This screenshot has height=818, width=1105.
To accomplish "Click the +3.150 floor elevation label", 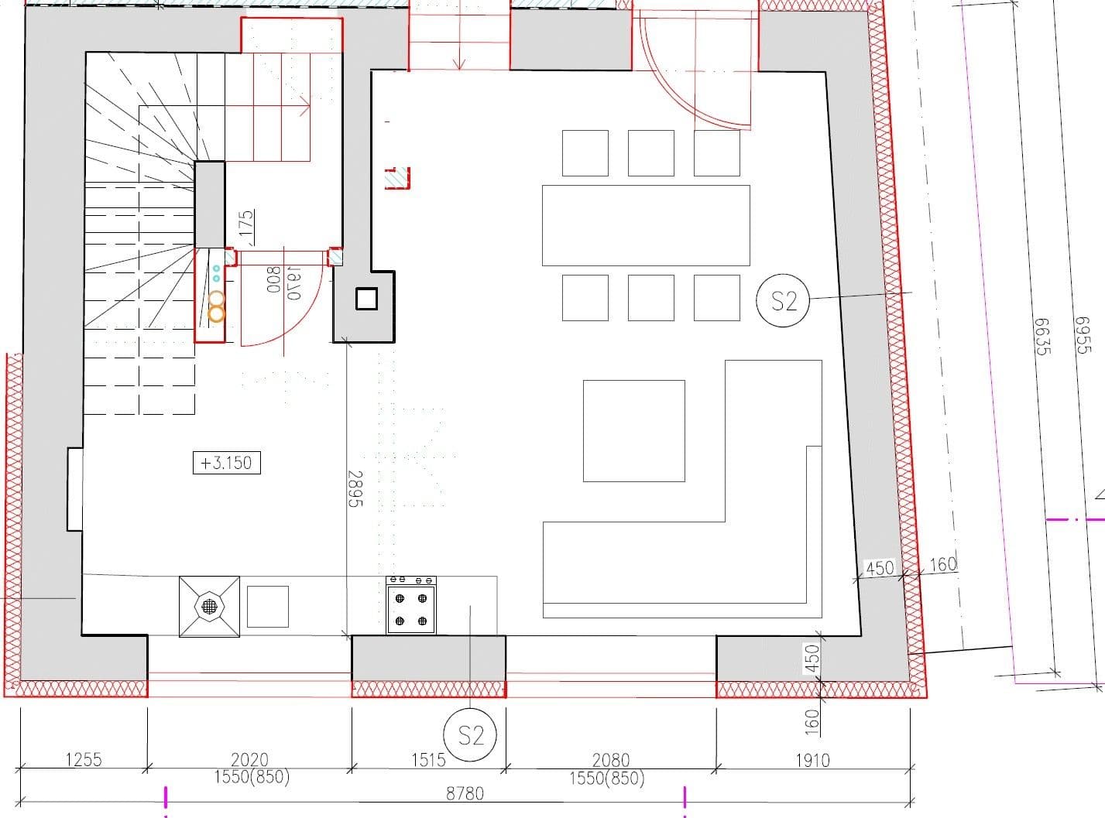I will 226,463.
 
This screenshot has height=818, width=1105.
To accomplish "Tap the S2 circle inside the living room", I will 782,300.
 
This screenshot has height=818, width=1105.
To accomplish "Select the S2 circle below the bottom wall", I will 469,734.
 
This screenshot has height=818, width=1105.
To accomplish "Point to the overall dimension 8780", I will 465,793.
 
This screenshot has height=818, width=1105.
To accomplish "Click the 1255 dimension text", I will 83,759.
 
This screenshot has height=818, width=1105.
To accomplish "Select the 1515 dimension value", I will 428,760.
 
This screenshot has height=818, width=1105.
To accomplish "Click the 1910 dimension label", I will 812,760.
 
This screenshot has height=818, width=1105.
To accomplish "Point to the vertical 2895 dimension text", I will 355,488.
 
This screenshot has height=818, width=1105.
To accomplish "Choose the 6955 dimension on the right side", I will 1083,334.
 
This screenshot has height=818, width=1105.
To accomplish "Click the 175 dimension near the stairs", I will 246,224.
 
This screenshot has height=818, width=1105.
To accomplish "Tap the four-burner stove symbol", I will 411,605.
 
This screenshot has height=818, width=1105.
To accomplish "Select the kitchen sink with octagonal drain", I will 209,607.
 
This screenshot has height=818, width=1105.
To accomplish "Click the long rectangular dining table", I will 646,225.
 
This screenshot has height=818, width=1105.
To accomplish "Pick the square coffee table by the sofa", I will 633,430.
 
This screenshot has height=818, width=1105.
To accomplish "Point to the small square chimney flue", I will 365,298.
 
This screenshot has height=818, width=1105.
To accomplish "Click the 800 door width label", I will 273,279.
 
